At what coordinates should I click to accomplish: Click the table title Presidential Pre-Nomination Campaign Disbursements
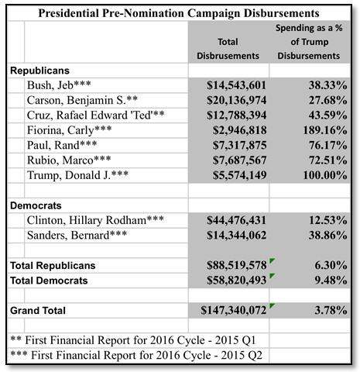click(179, 13)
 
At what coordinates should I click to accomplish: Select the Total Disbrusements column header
click(228, 49)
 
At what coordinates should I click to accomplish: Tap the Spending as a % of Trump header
click(309, 42)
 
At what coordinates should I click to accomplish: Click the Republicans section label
click(39, 71)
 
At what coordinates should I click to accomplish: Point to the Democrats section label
click(36, 205)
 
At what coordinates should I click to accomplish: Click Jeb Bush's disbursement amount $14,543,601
click(236, 85)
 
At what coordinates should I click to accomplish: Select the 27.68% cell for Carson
click(327, 100)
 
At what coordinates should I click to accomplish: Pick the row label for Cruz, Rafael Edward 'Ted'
click(96, 115)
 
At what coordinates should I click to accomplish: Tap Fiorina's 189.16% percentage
click(325, 130)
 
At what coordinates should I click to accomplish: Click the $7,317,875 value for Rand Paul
click(239, 145)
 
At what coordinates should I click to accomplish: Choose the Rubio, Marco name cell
click(69, 160)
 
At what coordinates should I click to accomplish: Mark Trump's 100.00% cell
click(325, 175)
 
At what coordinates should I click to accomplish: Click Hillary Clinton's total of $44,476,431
click(236, 220)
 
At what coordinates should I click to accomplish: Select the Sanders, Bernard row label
click(77, 236)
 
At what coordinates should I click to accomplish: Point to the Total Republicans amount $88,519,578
click(236, 265)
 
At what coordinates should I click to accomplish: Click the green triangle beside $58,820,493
click(272, 276)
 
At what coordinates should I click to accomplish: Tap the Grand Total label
click(38, 311)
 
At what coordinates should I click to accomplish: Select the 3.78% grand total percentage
click(331, 310)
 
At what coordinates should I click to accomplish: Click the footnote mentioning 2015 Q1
click(133, 340)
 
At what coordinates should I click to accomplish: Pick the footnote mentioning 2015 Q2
click(136, 355)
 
